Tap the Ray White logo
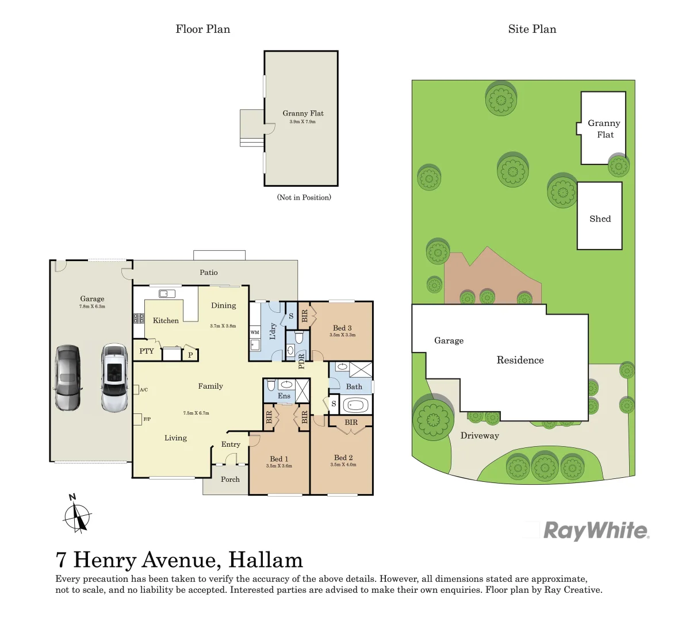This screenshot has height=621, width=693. (596, 530)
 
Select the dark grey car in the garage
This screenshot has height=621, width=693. (68, 378)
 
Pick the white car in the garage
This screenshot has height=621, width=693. (114, 378)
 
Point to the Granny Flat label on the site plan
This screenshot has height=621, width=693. (604, 129)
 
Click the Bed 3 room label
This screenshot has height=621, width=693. (342, 328)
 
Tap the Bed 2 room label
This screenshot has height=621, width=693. (343, 458)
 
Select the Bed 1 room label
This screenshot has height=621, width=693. (279, 459)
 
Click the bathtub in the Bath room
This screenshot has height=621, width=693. (355, 405)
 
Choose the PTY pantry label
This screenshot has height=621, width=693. (147, 351)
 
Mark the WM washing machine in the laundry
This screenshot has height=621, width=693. (255, 332)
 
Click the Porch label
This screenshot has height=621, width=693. (230, 479)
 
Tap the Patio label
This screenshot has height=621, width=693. (209, 272)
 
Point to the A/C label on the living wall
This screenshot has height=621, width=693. (144, 390)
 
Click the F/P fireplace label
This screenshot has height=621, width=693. (147, 419)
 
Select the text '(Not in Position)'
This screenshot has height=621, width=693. (304, 197)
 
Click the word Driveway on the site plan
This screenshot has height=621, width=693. (480, 435)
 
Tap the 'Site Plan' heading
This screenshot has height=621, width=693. (532, 29)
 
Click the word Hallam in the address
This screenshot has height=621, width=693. (265, 559)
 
